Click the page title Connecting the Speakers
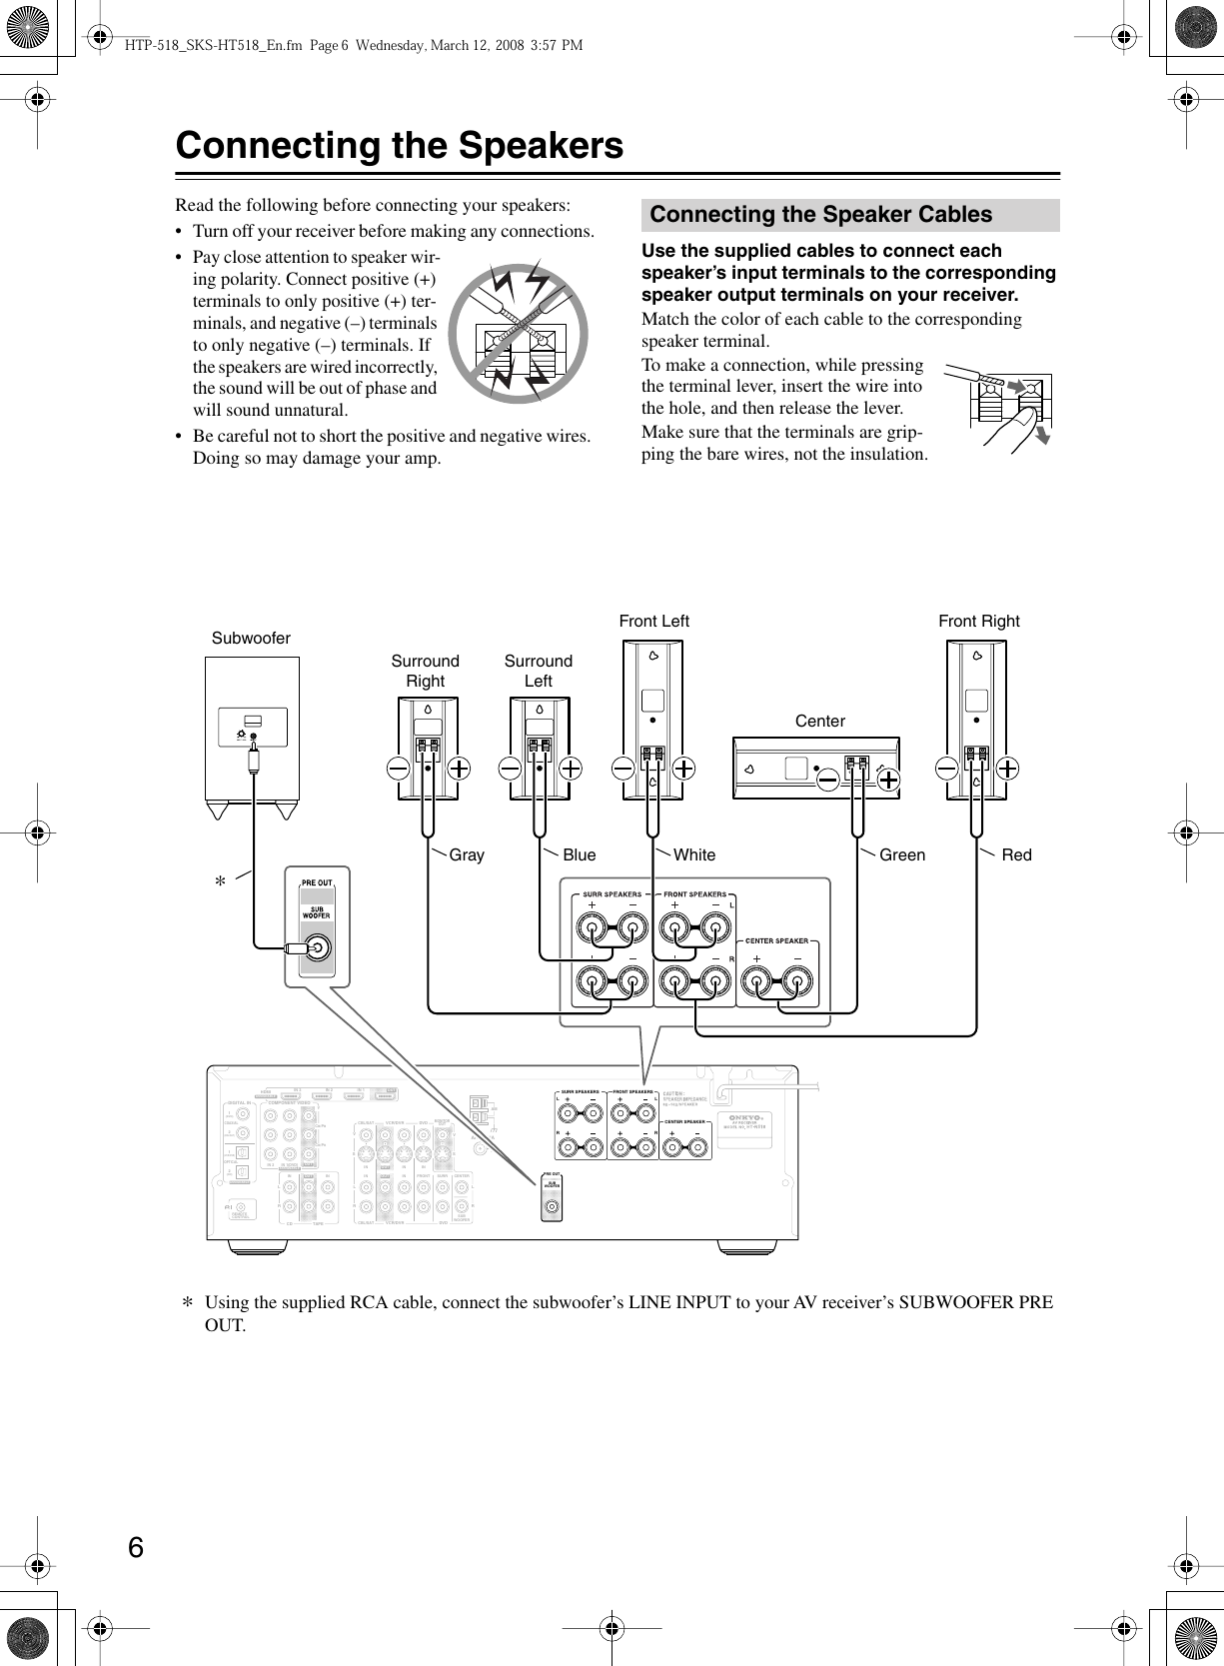(x=399, y=146)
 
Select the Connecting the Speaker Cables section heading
(x=820, y=215)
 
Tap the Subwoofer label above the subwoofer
(x=251, y=638)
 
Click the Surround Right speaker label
(x=425, y=671)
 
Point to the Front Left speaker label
(x=653, y=621)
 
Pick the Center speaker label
(x=819, y=721)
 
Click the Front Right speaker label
(x=978, y=621)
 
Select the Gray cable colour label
(x=467, y=854)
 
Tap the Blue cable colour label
(x=579, y=854)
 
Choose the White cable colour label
(x=694, y=854)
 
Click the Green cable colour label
(x=902, y=854)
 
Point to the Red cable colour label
(x=1016, y=854)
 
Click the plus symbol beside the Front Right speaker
(x=1008, y=768)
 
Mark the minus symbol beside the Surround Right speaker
(x=398, y=768)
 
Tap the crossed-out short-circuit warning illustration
(x=517, y=333)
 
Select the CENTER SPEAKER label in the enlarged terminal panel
(x=777, y=940)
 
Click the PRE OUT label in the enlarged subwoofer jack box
(x=317, y=882)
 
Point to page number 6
(x=136, y=1548)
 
